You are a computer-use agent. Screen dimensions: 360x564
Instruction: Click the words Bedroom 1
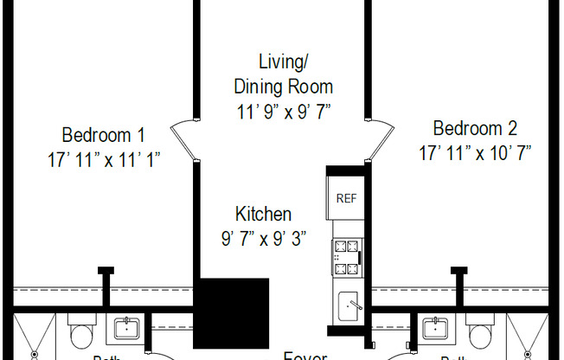click(103, 135)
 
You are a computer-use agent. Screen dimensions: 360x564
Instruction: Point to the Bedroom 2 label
click(475, 129)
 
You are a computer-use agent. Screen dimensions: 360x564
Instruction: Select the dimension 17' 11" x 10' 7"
click(475, 153)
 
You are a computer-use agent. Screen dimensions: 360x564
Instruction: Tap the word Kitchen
click(263, 214)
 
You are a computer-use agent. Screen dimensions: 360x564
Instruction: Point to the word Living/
click(284, 61)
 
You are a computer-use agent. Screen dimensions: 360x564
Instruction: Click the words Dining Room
click(284, 87)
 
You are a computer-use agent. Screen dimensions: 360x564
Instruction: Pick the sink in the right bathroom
click(435, 329)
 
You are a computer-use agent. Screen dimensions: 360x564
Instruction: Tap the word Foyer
click(305, 355)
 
